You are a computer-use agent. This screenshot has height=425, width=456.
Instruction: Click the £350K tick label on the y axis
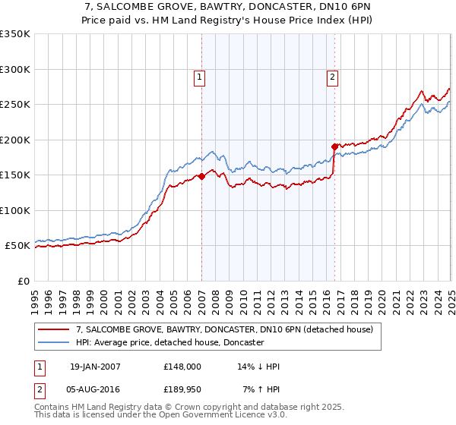(x=15, y=34)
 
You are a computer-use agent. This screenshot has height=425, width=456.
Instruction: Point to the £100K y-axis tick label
(x=15, y=210)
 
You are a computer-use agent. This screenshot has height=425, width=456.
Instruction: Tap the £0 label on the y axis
(x=23, y=281)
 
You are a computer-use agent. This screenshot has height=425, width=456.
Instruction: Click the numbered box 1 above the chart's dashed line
(x=199, y=76)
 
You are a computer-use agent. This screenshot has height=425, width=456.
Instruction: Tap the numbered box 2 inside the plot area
(x=333, y=76)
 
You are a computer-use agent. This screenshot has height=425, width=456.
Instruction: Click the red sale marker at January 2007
(x=201, y=176)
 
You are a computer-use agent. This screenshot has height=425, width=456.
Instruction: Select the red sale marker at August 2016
(x=334, y=146)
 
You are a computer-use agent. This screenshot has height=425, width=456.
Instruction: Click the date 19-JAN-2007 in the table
(x=94, y=367)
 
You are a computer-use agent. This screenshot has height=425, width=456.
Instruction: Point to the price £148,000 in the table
(x=182, y=367)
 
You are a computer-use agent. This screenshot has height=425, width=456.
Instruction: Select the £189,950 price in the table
(x=182, y=389)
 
